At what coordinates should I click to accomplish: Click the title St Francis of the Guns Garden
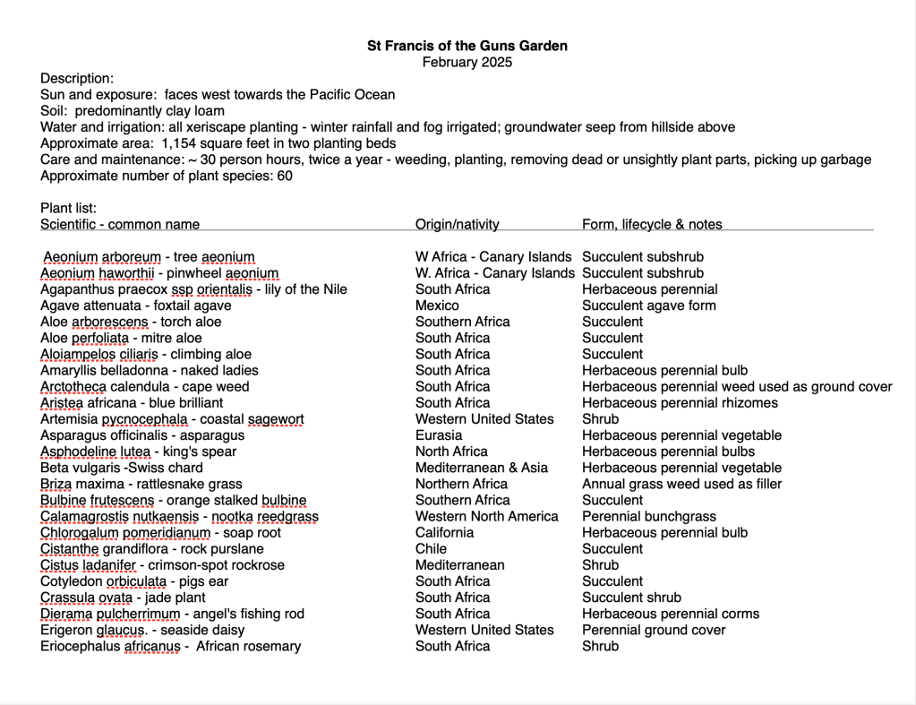coord(467,46)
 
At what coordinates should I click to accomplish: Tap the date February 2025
coord(467,62)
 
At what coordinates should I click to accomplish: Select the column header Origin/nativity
coord(457,224)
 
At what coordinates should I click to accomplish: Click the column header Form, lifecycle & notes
coord(652,224)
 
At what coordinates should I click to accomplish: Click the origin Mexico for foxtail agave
coord(437,305)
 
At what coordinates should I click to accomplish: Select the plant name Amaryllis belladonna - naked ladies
coord(150,370)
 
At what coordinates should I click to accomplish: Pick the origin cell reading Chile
coord(431,548)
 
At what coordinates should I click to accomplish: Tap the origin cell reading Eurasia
coord(440,435)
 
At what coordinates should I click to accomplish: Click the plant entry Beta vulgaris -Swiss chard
coord(122,468)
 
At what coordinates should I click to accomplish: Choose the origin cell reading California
coord(444,532)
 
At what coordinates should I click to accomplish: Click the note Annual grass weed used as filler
coord(681,484)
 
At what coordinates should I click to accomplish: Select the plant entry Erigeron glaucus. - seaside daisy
coord(142,630)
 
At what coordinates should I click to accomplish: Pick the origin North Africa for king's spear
coord(451,451)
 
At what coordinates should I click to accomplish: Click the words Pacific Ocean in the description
coord(348,94)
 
